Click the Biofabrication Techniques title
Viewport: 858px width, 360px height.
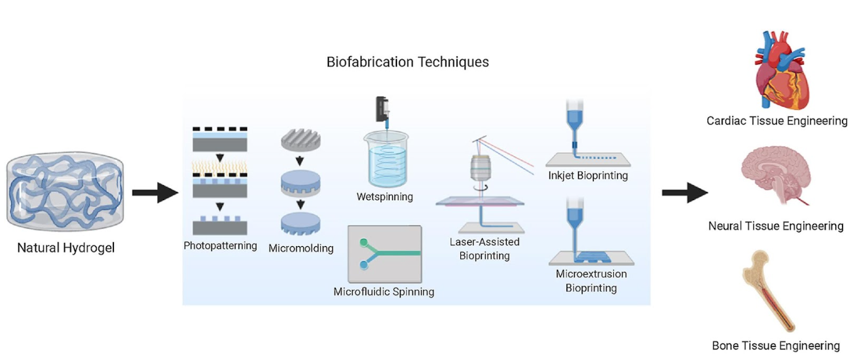point(408,62)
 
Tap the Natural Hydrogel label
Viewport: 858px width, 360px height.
point(66,248)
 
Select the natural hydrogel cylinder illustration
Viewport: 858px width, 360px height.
point(65,191)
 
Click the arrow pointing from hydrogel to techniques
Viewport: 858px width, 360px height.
point(155,192)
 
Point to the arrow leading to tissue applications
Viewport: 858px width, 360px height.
point(685,192)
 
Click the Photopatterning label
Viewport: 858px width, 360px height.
point(221,245)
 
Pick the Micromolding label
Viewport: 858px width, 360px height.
point(301,248)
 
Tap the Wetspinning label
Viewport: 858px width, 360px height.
point(385,197)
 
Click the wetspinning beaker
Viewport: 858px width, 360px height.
point(386,159)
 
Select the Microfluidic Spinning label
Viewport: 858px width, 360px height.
point(384,292)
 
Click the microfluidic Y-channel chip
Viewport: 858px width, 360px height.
point(385,254)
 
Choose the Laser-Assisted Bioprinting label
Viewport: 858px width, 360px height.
point(484,249)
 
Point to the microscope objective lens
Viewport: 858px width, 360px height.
point(480,168)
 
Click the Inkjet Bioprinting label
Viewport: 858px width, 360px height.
point(588,175)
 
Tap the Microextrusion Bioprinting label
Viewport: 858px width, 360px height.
point(591,281)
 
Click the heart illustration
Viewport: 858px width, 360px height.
point(781,70)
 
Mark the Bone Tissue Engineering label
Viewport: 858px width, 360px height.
point(776,346)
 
